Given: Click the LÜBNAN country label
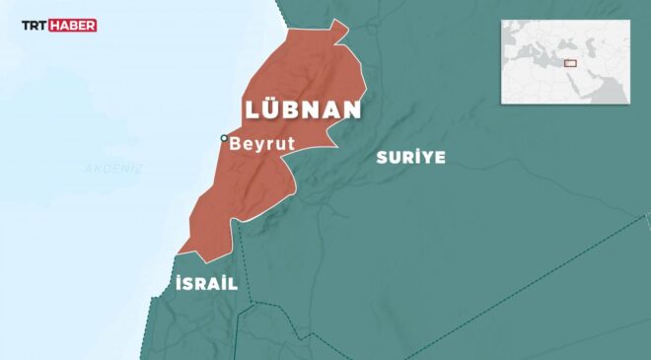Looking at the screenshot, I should [x=301, y=108].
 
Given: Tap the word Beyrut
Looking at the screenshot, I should [x=261, y=143].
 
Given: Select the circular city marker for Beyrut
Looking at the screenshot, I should [x=224, y=138].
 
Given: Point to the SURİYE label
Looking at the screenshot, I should [x=410, y=157].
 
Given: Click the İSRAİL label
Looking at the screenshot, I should [x=205, y=283].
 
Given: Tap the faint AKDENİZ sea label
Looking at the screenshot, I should [x=113, y=169].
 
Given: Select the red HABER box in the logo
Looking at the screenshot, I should [x=74, y=26].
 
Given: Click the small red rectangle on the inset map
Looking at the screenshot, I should [x=570, y=63].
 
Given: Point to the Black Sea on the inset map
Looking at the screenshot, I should [x=569, y=44].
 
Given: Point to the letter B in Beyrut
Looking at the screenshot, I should [x=236, y=143].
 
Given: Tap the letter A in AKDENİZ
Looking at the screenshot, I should [x=88, y=169].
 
